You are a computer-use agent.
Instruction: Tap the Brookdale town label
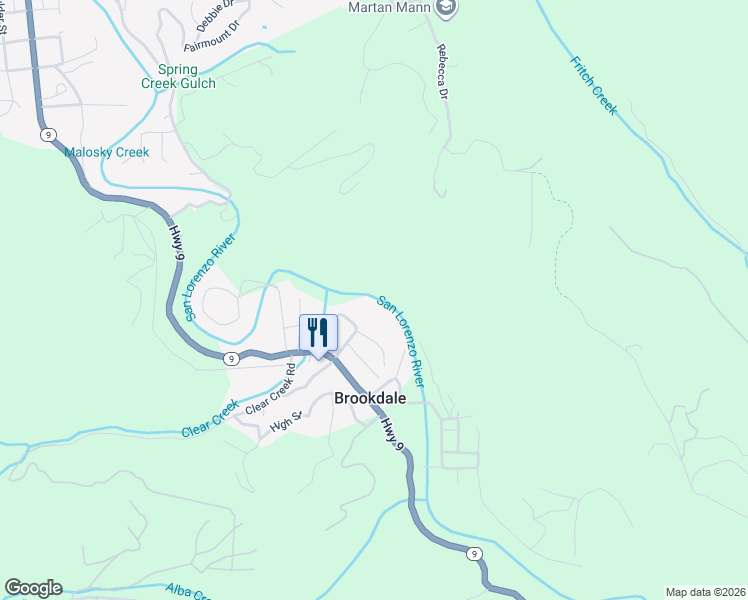pos(369,397)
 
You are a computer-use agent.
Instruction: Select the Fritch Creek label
pos(593,85)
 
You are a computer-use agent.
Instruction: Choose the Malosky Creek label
pos(106,152)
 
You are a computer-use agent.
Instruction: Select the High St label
pos(285,425)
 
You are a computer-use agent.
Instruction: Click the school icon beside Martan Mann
pos(447,9)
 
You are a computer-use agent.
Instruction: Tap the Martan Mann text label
pos(390,8)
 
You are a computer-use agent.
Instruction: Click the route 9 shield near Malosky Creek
pos(46,135)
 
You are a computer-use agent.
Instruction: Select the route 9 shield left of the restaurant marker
pos(230,358)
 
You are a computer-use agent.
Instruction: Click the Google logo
pos(33,588)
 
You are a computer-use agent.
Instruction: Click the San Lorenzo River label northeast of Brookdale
pos(402,342)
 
